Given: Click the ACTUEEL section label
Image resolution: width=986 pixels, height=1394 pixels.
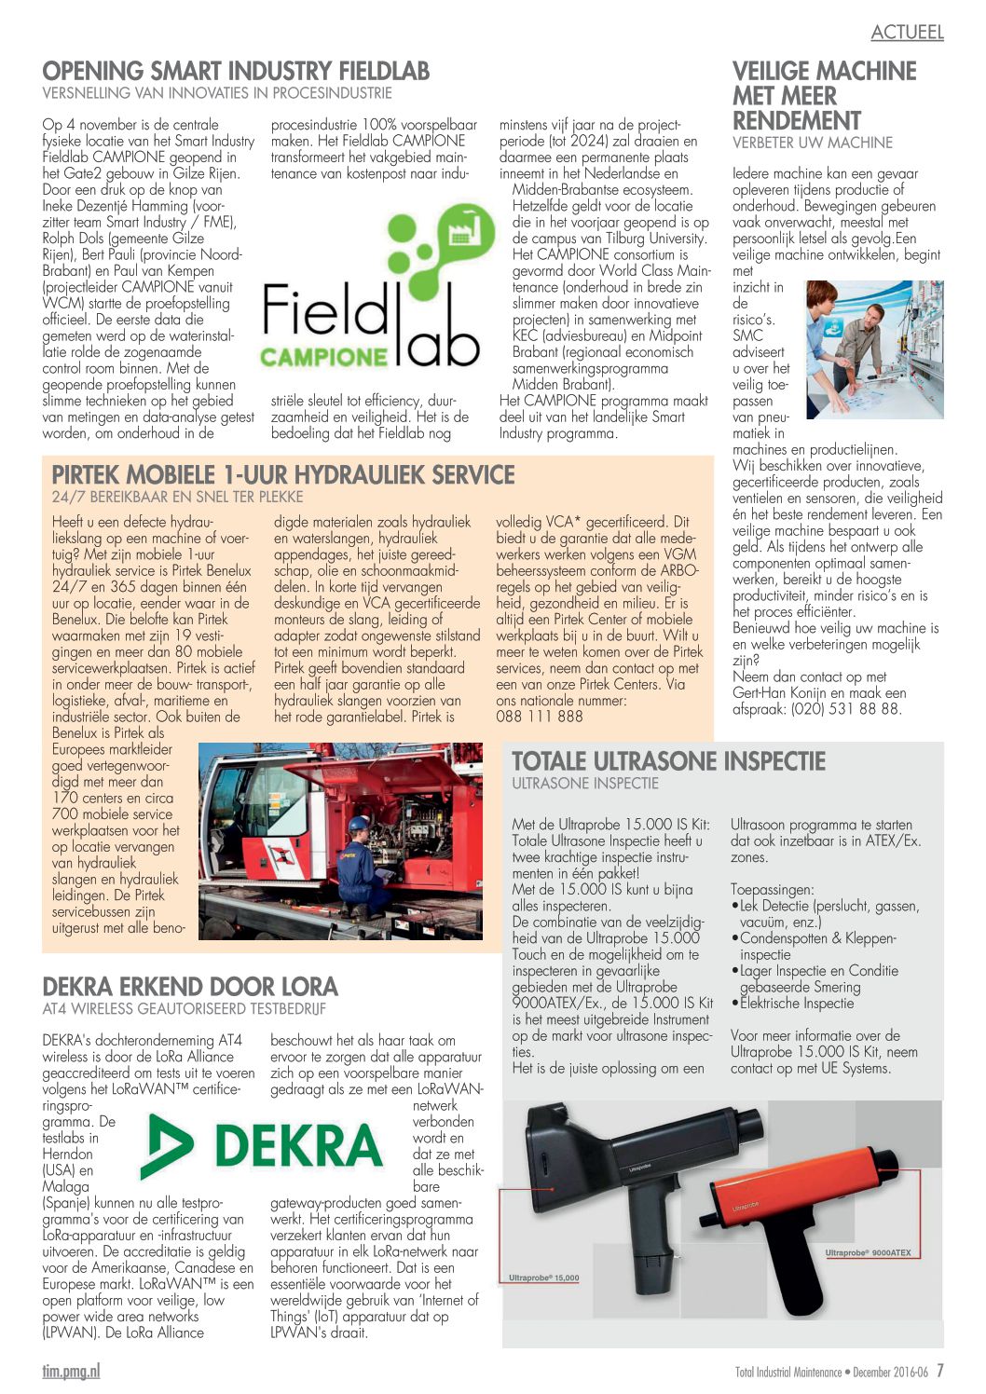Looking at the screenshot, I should tap(907, 33).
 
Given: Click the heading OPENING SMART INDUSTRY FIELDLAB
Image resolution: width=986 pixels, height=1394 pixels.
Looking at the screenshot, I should tap(236, 72).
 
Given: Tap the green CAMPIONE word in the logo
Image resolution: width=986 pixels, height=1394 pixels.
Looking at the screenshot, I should tap(322, 356).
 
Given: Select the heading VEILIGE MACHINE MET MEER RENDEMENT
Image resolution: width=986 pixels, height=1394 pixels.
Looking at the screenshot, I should tap(824, 96).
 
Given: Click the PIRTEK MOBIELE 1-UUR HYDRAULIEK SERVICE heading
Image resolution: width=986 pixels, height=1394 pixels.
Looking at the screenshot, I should tap(283, 474).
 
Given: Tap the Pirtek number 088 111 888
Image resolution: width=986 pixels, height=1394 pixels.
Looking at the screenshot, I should tap(540, 717).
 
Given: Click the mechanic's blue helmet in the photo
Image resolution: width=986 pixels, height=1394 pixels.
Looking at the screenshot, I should tap(358, 825).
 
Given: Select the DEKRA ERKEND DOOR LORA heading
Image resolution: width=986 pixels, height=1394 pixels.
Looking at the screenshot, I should tap(190, 987).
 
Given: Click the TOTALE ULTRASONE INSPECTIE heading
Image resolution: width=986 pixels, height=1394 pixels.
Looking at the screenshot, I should tap(668, 761).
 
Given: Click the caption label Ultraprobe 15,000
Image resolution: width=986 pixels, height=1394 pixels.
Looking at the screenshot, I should tap(543, 1278).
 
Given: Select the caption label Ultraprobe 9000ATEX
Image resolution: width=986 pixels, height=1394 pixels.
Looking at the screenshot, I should tap(868, 1253).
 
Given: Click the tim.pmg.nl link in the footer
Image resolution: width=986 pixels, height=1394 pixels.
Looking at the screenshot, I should tap(71, 1371).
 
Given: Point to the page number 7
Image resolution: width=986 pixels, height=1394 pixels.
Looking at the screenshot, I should tap(940, 1371).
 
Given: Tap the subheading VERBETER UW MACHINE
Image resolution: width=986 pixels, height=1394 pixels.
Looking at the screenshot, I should tap(813, 143).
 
